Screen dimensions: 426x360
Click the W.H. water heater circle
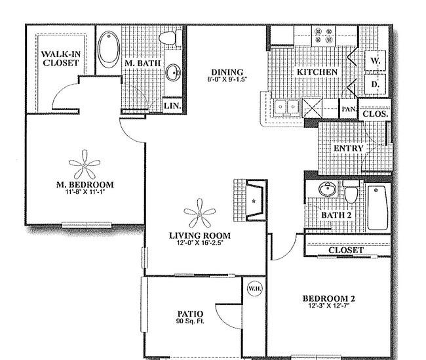click(x=255, y=289)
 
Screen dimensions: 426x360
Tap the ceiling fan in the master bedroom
click(x=85, y=165)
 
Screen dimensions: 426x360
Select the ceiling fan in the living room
click(x=200, y=213)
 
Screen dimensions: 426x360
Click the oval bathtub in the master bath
click(x=109, y=49)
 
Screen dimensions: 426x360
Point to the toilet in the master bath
click(x=170, y=38)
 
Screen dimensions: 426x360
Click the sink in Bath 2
click(x=328, y=189)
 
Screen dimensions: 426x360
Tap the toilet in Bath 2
click(x=351, y=192)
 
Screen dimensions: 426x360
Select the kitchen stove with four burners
click(x=323, y=36)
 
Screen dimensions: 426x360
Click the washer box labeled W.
click(x=375, y=61)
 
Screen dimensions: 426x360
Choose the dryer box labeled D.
click(x=375, y=85)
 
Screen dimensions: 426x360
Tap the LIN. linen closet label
click(x=172, y=106)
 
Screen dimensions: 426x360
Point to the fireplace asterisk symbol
click(x=254, y=201)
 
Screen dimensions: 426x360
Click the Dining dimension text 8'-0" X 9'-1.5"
click(x=227, y=79)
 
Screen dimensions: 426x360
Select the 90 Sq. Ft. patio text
click(x=190, y=321)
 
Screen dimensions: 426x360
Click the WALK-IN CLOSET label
click(x=60, y=58)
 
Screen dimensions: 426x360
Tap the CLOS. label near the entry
click(x=375, y=113)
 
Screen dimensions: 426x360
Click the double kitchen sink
click(x=286, y=107)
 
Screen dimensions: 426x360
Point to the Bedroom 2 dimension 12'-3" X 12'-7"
click(x=329, y=306)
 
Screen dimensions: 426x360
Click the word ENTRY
click(x=349, y=148)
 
